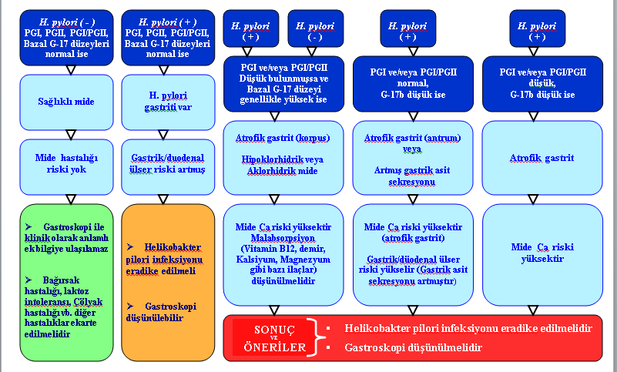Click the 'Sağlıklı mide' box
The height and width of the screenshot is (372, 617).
[66, 102]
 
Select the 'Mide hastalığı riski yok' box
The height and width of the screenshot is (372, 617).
[66, 167]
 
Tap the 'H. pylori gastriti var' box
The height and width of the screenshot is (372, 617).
[168, 102]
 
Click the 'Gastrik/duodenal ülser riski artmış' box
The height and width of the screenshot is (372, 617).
[168, 167]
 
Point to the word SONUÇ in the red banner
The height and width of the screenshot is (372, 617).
[274, 330]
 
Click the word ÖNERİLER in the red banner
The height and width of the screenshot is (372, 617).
[275, 347]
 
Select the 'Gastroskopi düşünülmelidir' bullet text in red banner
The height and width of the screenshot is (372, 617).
[413, 347]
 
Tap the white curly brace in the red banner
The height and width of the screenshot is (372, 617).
[317, 338]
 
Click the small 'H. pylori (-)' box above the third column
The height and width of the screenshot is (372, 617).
[316, 28]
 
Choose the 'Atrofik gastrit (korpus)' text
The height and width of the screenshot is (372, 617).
[283, 138]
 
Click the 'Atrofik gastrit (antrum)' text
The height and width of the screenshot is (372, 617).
[412, 138]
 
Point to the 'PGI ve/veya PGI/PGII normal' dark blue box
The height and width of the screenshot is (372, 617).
[413, 84]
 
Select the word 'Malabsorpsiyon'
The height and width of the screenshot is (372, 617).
[283, 238]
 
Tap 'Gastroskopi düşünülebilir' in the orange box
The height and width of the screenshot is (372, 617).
[161, 312]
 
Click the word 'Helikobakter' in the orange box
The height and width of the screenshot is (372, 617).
[173, 247]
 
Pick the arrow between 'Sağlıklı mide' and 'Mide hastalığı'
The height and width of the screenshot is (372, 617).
[71, 135]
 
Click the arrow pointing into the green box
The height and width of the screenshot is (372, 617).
[71, 199]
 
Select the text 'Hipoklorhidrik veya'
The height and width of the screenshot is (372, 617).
[283, 160]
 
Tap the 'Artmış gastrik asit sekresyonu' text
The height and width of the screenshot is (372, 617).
[412, 176]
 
